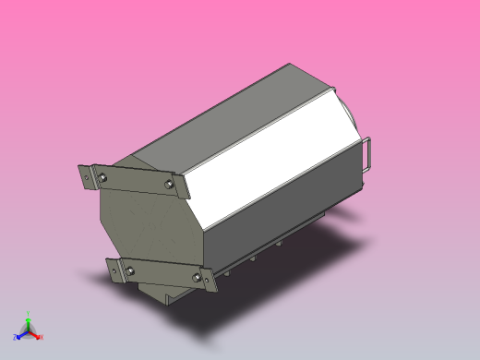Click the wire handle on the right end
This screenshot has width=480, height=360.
click(x=369, y=153)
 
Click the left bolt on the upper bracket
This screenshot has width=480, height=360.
click(x=102, y=175)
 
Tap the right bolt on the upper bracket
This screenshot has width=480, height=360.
click(x=168, y=185)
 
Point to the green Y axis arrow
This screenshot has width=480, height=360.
click(x=29, y=321)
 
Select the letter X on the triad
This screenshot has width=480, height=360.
click(x=41, y=338)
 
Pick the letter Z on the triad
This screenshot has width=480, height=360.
click(x=16, y=338)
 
